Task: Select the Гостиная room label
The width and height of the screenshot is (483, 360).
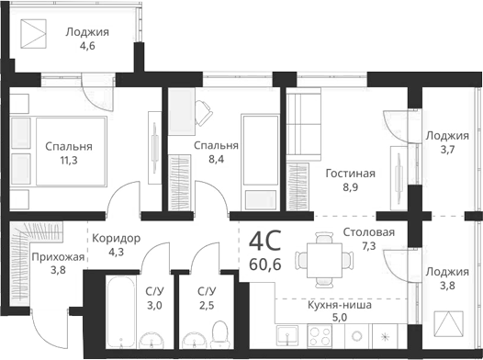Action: click(x=350, y=173)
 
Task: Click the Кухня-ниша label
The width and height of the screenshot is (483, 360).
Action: click(x=339, y=304)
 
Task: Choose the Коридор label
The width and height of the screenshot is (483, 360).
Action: click(x=116, y=238)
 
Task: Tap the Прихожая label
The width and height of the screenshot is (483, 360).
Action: click(x=57, y=257)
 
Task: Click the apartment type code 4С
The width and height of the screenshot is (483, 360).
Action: click(x=265, y=242)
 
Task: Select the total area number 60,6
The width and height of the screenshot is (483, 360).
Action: click(x=265, y=265)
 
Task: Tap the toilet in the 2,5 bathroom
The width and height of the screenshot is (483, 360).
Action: click(x=219, y=331)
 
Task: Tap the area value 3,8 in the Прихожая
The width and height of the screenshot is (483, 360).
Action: click(x=58, y=271)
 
